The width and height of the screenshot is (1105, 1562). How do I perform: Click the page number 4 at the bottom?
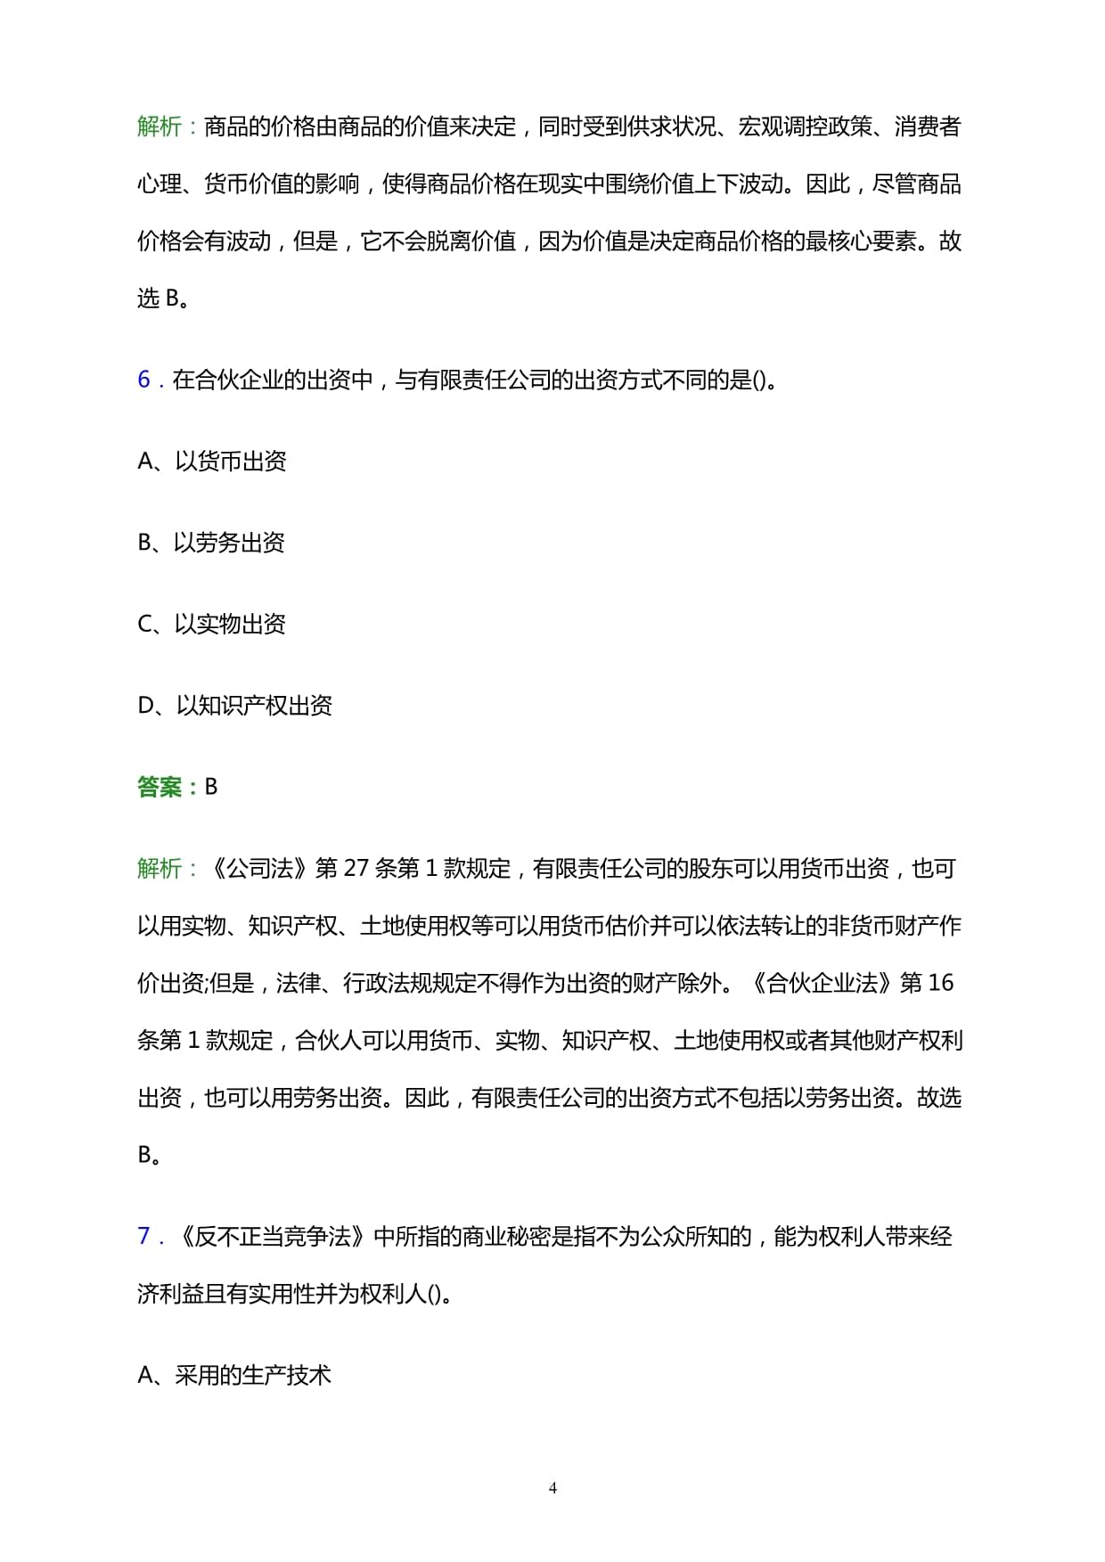point(552,1487)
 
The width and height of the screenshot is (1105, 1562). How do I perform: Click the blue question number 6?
point(144,380)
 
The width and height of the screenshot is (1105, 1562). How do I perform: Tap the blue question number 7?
point(144,1236)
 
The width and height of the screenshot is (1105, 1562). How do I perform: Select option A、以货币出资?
point(212,461)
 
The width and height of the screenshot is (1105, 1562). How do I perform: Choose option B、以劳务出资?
point(211,543)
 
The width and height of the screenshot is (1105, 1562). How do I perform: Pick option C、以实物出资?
point(211,624)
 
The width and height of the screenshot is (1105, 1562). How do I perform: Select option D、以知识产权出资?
point(234,706)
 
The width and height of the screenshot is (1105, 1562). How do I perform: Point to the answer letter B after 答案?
point(211,787)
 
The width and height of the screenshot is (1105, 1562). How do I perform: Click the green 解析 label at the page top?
point(160,127)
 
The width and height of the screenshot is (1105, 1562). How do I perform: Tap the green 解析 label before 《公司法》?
point(160,868)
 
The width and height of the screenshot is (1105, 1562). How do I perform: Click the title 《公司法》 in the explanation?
point(259,868)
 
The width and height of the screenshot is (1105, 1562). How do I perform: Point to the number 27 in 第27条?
point(356,868)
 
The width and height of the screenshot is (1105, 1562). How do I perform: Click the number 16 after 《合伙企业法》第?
point(940,983)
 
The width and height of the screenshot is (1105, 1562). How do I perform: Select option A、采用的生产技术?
point(234,1376)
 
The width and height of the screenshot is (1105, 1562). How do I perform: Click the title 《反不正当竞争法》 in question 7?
point(272,1236)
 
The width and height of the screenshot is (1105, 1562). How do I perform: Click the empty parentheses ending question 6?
point(759,380)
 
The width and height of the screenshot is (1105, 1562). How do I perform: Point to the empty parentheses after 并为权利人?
point(434,1294)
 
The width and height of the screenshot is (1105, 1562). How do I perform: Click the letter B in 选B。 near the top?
point(173,298)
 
